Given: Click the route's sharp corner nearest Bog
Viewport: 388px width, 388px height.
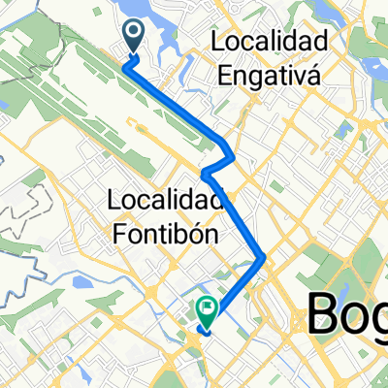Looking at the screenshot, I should click(264, 257).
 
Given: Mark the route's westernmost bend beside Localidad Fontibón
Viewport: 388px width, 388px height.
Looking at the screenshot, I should click(205, 174).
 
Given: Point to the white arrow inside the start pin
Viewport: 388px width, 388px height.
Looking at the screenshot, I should click(133, 35).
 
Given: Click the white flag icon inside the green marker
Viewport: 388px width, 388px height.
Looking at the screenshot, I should click(208, 307).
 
